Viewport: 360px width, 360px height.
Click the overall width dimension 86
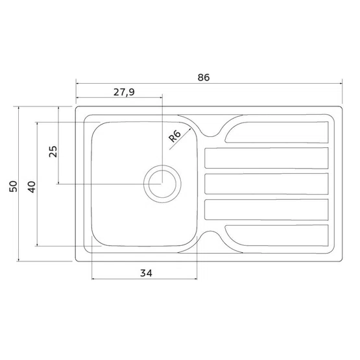tap(204, 77)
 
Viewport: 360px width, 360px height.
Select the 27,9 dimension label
tap(124, 92)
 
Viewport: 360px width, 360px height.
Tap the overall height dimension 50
tap(13, 186)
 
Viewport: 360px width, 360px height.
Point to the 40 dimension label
tap(32, 187)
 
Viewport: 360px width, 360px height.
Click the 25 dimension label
tap(53, 152)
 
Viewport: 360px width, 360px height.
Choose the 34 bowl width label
tap(146, 273)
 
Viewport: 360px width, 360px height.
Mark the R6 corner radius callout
tap(175, 136)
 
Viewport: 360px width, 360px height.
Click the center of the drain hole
tap(162, 184)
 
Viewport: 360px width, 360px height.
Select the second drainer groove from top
tap(267, 158)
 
